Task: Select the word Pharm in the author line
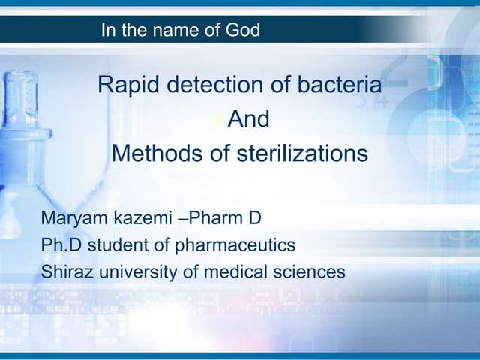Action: click(x=212, y=220)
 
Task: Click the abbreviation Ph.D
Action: click(x=58, y=245)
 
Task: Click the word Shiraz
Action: click(x=62, y=271)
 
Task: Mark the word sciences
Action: click(x=310, y=271)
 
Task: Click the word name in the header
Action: click(x=175, y=31)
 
